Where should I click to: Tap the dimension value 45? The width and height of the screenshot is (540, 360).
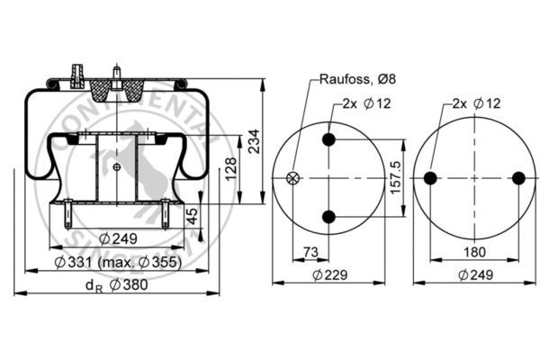[x=192, y=216]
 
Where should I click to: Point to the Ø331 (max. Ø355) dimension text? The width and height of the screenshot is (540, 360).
[x=117, y=262]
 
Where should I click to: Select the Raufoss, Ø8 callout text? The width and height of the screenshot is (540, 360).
[x=357, y=79]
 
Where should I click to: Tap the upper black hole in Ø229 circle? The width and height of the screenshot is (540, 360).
[x=328, y=139]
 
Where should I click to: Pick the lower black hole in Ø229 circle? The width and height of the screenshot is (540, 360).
[x=328, y=216]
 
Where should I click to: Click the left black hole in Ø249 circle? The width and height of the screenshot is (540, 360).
[x=430, y=178]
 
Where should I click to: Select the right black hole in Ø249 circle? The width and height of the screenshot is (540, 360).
[x=517, y=178]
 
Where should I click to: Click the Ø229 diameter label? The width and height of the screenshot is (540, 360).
[x=328, y=275]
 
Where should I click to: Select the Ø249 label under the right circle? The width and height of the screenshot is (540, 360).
[x=473, y=275]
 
